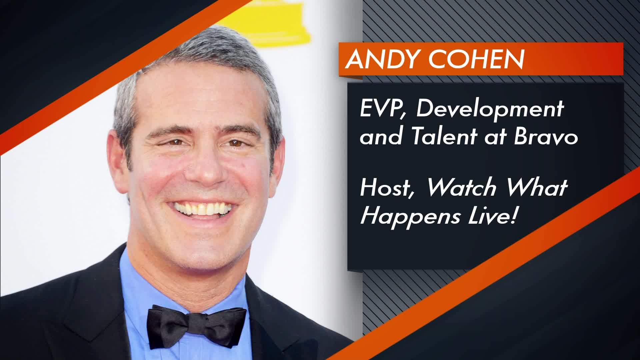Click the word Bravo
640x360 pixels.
546,136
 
